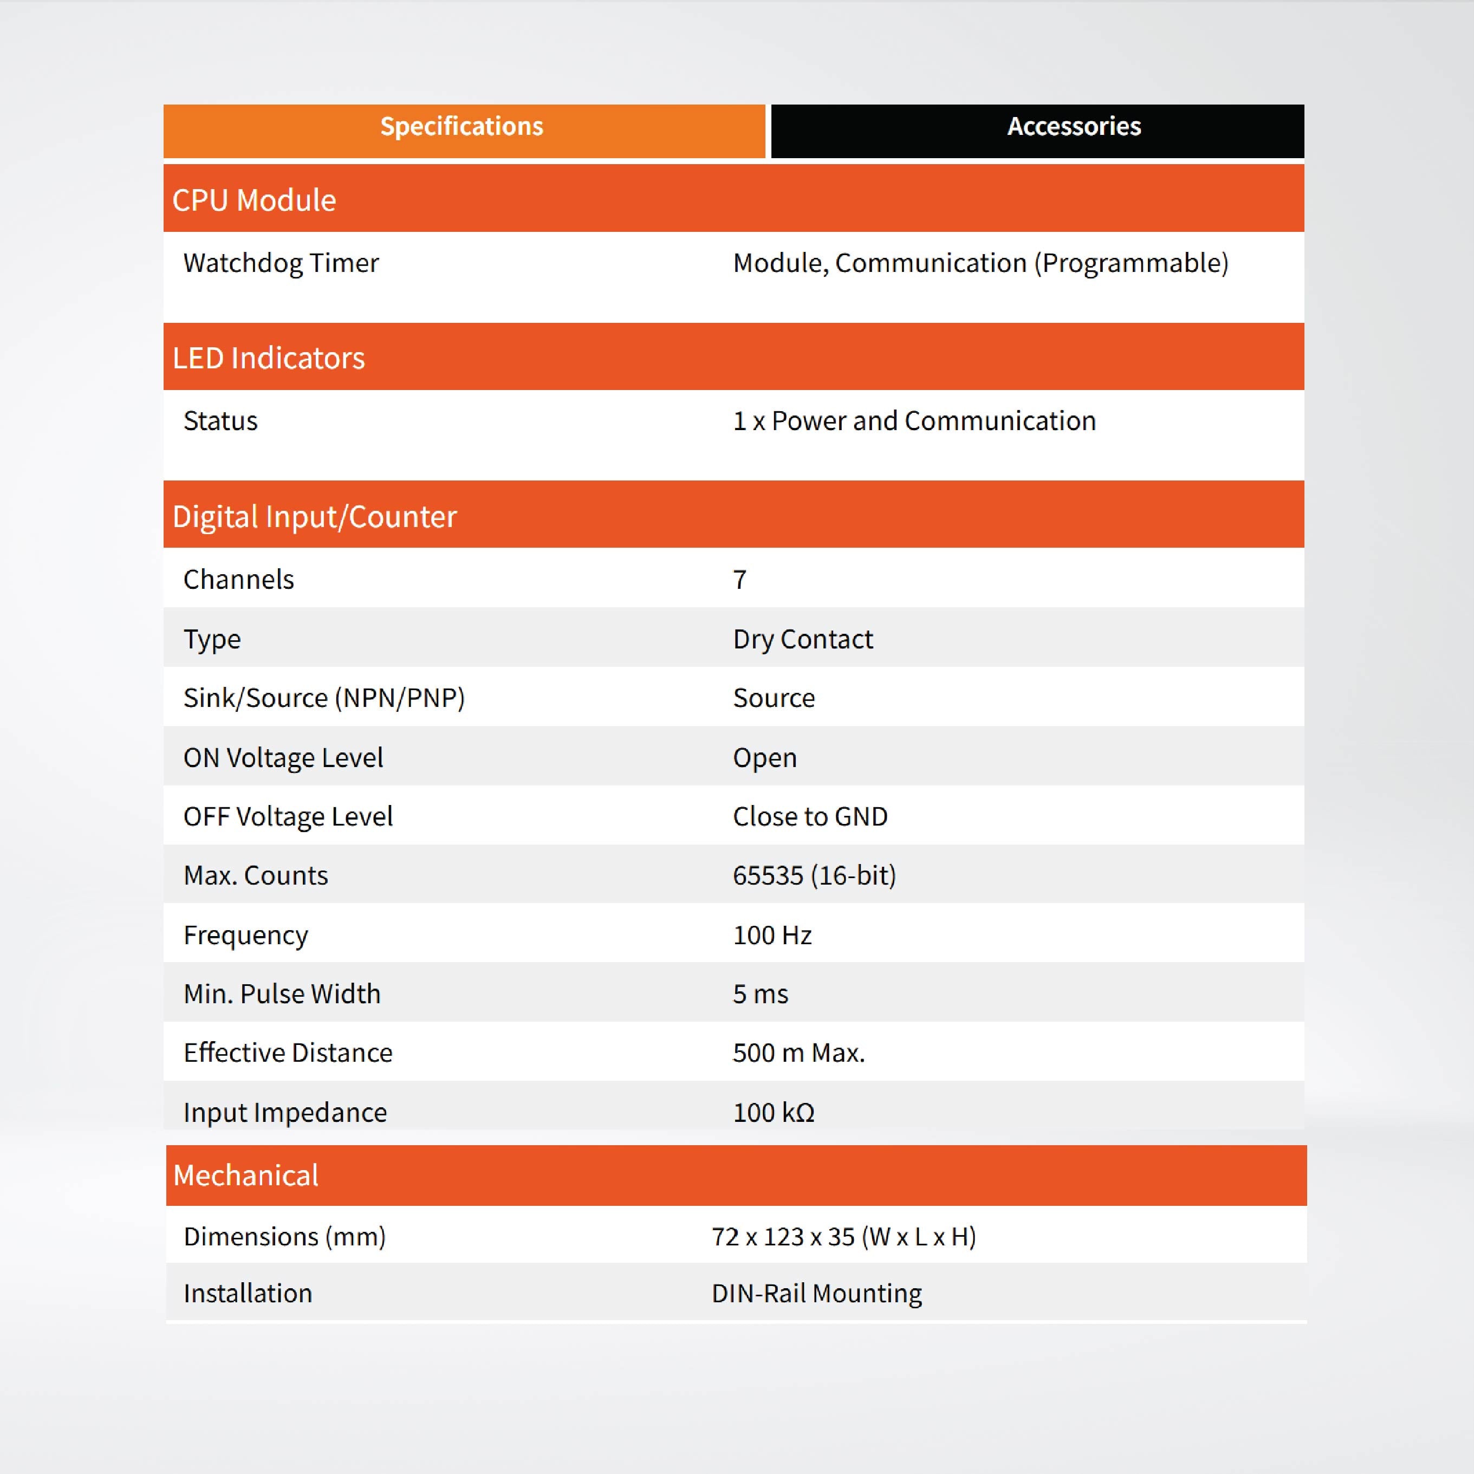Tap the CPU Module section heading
[254, 200]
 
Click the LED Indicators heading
[269, 358]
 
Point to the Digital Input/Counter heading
[314, 516]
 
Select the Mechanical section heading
[246, 1175]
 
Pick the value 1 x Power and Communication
[914, 421]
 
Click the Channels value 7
[739, 580]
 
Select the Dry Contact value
[803, 639]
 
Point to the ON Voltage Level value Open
[764, 758]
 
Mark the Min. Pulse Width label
[282, 994]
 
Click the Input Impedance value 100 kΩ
[774, 1112]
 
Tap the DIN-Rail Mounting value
[816, 1293]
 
